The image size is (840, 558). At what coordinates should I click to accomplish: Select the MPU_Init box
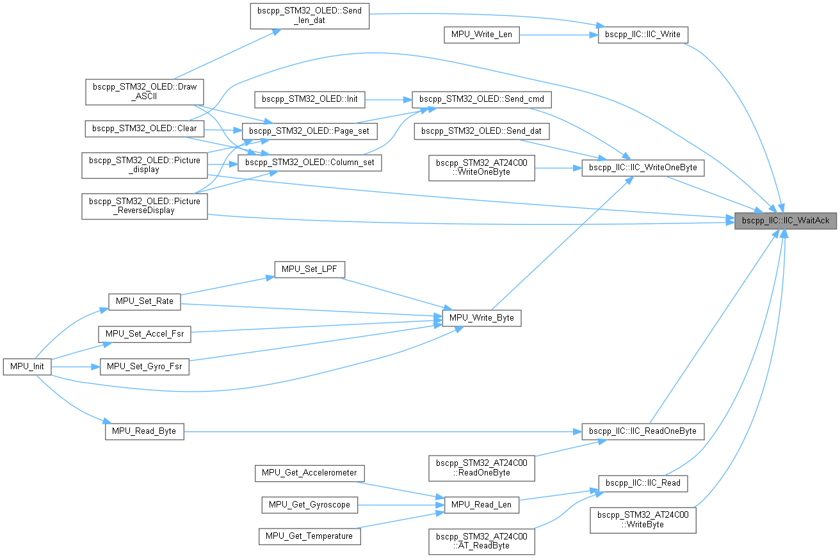point(27,367)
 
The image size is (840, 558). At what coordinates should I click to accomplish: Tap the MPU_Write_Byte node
point(481,317)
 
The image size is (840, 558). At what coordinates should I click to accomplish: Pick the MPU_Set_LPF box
point(309,270)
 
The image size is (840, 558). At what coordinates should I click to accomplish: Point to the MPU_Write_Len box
point(481,34)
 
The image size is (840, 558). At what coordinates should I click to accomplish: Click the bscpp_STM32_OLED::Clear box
point(144,128)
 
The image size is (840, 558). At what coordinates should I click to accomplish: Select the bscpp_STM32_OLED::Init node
point(310,99)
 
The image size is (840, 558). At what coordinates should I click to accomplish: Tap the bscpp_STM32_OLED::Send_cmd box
point(481,99)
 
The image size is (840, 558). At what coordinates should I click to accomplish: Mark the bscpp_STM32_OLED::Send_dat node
point(481,132)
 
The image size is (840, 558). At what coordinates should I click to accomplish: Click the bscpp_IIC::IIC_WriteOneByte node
point(643,168)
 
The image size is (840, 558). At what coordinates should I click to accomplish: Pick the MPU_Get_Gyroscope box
point(309,504)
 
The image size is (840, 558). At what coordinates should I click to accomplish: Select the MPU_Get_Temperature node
point(309,536)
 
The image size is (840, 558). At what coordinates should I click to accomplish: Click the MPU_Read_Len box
point(481,504)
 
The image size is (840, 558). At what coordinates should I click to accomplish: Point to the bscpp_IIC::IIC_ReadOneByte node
point(643,431)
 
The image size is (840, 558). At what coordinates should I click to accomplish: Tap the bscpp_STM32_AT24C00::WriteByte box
point(643,519)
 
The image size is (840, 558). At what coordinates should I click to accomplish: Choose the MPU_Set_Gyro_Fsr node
point(144,367)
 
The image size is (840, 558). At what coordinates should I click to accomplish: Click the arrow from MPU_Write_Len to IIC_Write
point(557,34)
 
